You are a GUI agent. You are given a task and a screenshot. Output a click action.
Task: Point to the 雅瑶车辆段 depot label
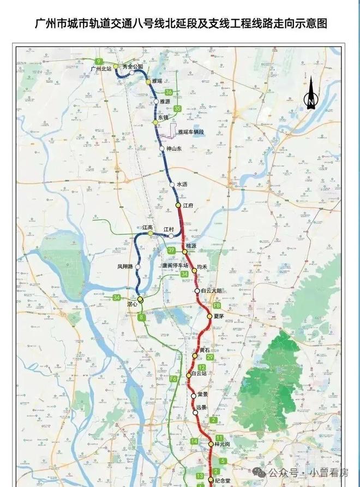pos(190,132)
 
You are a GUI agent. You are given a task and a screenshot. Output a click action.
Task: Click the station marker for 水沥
pos(172,185)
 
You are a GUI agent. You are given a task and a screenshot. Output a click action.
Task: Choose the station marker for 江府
pos(178,205)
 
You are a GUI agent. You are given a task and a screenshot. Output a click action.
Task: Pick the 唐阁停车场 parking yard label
pos(175,265)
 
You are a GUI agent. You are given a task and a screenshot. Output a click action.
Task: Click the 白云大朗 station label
pos(212,291)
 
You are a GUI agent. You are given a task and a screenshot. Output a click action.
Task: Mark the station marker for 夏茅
pos(209,316)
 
